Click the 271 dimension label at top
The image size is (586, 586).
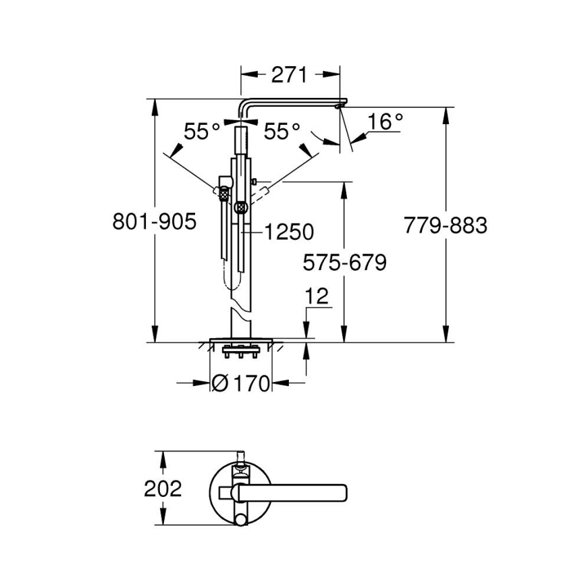pyautogui.click(x=290, y=74)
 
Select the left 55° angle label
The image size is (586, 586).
pyautogui.click(x=203, y=131)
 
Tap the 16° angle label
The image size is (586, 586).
pyautogui.click(x=385, y=122)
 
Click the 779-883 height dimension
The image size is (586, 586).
pyautogui.click(x=445, y=225)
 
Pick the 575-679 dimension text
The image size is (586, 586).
pyautogui.click(x=344, y=262)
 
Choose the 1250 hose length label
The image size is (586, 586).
pyautogui.click(x=288, y=232)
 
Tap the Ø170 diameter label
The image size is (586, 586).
pyautogui.click(x=241, y=383)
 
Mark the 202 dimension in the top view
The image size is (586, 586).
pyautogui.click(x=163, y=488)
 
